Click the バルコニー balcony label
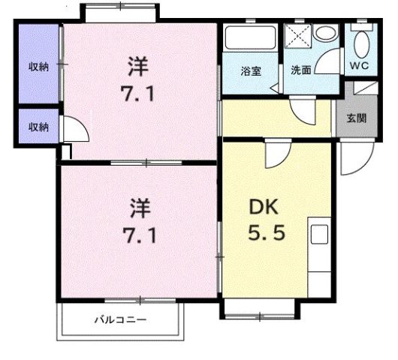coord(119,320)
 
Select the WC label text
coord(360,64)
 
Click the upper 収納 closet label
coord(39,67)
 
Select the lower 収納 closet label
coord(39,127)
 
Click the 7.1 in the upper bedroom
coord(138,95)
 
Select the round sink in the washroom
coord(325,35)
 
